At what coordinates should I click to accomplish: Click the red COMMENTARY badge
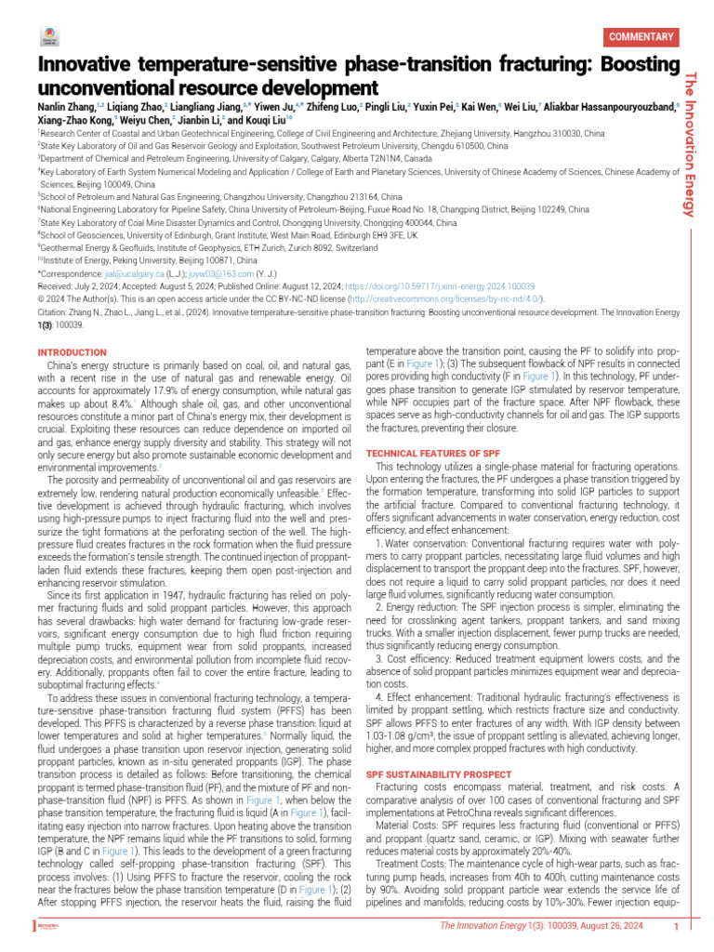point(640,37)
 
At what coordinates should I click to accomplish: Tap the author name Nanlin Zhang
point(64,107)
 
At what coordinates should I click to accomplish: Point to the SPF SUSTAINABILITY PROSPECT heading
point(438,773)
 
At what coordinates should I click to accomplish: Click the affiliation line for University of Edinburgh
point(228,236)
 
